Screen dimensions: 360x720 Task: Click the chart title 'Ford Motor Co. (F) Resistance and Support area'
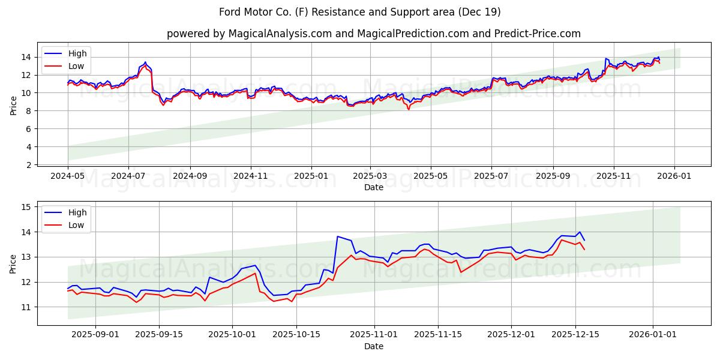coord(359,12)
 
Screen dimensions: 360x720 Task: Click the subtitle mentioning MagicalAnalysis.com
coord(373,34)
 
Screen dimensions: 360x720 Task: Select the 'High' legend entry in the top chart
coord(77,53)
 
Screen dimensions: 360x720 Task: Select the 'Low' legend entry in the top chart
coord(76,66)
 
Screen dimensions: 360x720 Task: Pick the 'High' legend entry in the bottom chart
coord(77,212)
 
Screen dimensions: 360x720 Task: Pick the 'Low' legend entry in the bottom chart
coord(76,225)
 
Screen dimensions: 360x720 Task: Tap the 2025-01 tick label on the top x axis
coord(311,176)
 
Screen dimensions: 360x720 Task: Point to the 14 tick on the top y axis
coord(28,57)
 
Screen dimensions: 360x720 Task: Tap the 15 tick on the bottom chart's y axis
coord(28,207)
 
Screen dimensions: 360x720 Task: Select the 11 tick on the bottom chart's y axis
coord(28,307)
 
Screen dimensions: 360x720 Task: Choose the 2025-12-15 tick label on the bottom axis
coord(575,335)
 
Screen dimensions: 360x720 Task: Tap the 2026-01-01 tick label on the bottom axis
coord(653,335)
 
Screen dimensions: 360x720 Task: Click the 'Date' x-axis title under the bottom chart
coord(373,346)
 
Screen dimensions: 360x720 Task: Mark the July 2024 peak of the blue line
coord(145,62)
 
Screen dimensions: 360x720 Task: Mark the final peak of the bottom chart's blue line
coord(580,232)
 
